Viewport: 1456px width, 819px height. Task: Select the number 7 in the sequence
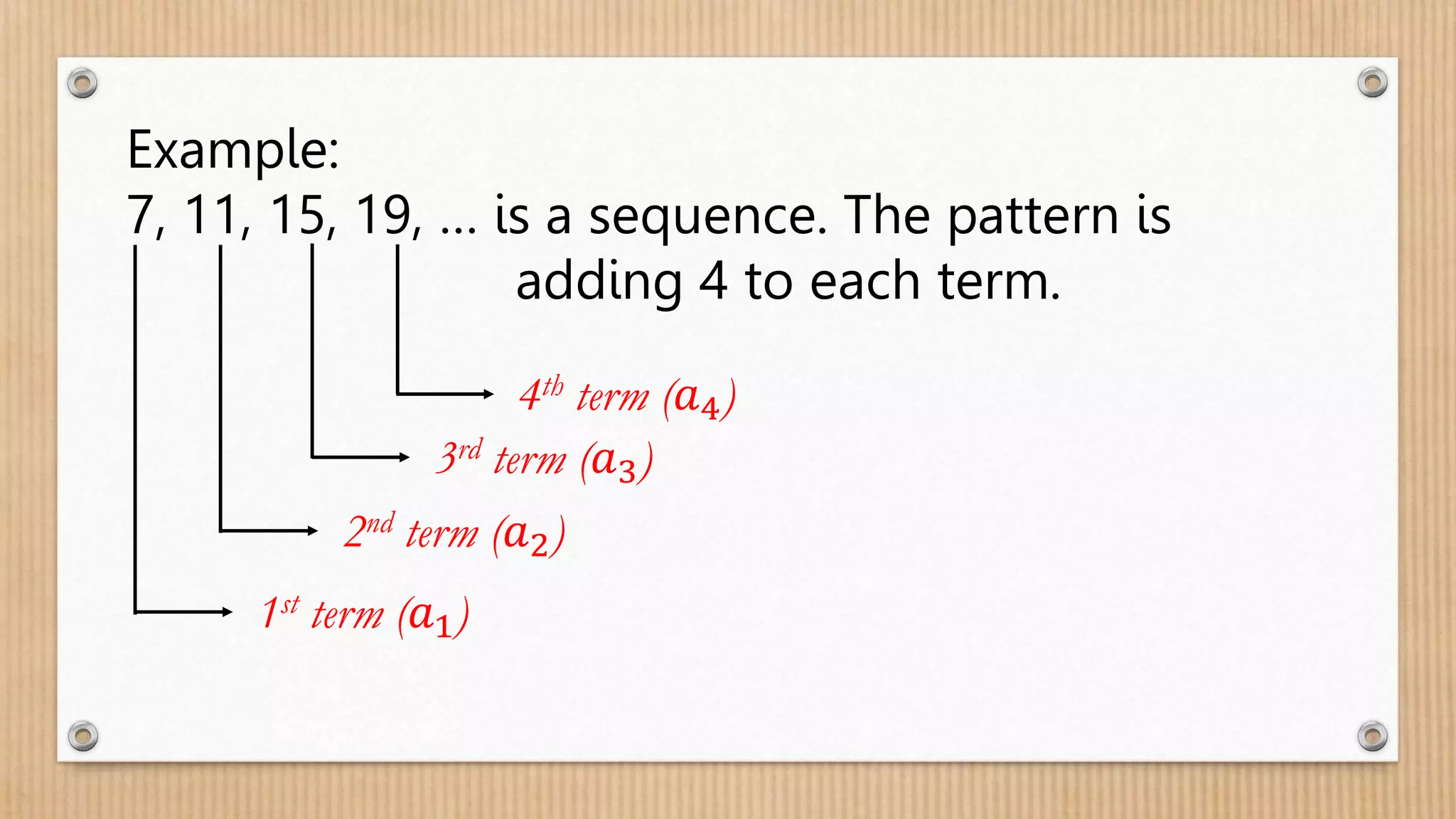141,215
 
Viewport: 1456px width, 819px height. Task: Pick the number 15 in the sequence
297,215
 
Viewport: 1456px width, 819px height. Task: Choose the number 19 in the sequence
382,215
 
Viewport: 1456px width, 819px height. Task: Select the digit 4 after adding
713,281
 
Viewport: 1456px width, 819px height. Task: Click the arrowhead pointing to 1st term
227,611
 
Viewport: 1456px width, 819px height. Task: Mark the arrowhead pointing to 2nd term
312,530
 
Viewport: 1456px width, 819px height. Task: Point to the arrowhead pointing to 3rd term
405,457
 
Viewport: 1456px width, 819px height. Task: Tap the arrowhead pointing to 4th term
488,393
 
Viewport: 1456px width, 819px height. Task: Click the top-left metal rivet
82,84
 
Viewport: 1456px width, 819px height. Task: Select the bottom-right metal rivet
1372,736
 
